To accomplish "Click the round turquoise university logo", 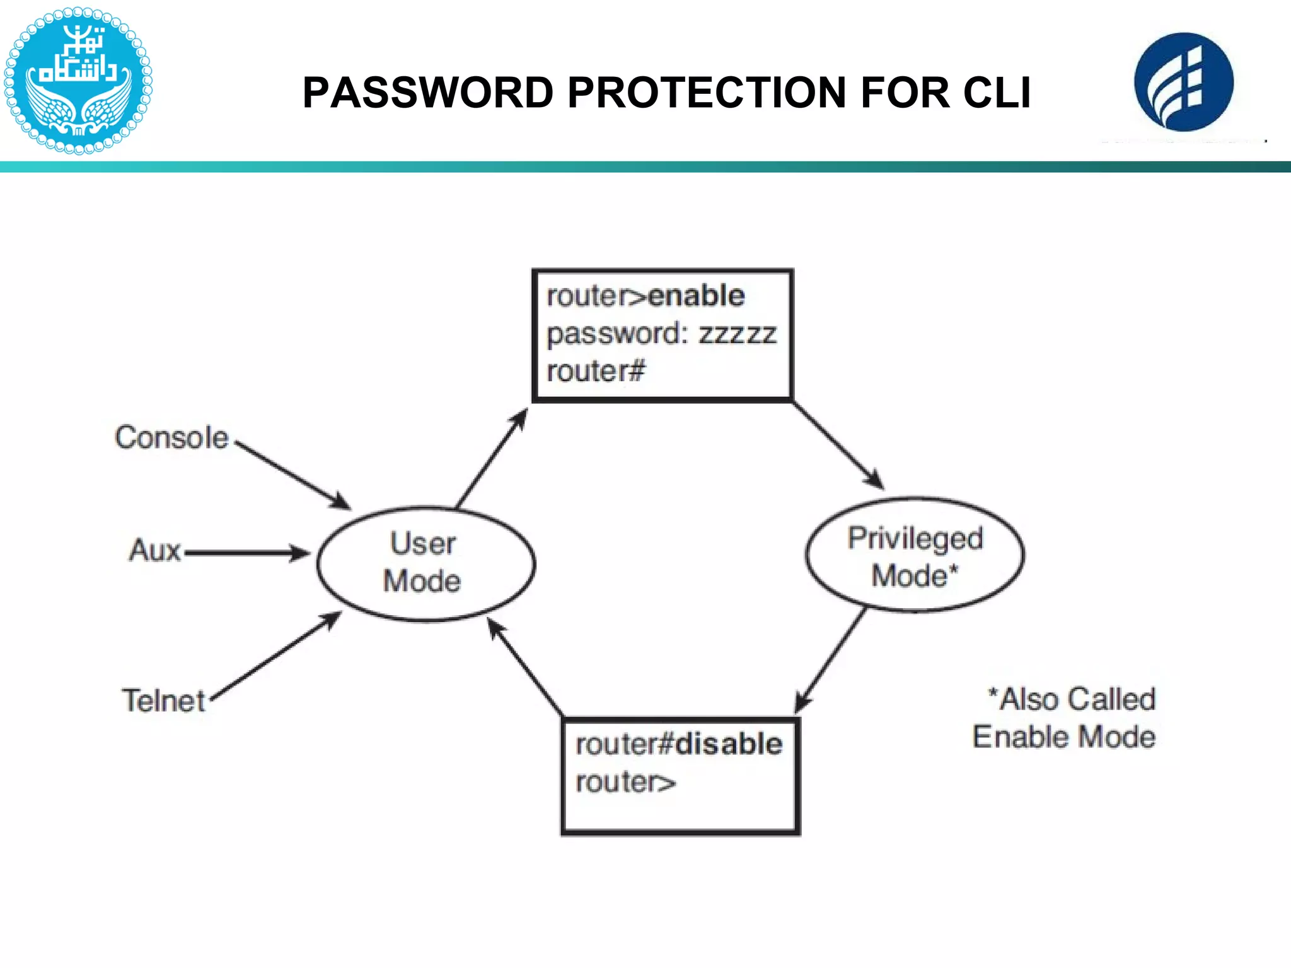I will pyautogui.click(x=78, y=81).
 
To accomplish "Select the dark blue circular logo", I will pyautogui.click(x=1183, y=83).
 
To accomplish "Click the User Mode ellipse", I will pyautogui.click(x=426, y=563).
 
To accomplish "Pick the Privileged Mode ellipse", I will pyautogui.click(x=915, y=555).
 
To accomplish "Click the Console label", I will pyautogui.click(x=171, y=437).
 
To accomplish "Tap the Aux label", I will pyautogui.click(x=155, y=550).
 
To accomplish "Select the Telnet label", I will pyautogui.click(x=164, y=701).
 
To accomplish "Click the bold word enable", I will pyautogui.click(x=697, y=296).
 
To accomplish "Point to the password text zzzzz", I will pyautogui.click(x=738, y=334).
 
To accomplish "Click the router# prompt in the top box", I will pyautogui.click(x=596, y=371).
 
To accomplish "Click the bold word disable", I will pyautogui.click(x=729, y=744).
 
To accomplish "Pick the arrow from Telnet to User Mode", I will pyautogui.click(x=276, y=656).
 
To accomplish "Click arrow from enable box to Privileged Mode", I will pyautogui.click(x=838, y=446).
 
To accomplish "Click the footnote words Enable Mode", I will pyautogui.click(x=1064, y=737).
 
